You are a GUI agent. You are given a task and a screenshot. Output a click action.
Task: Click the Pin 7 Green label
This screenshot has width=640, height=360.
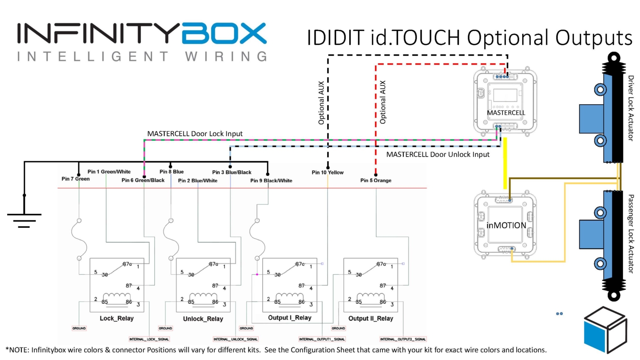[x=75, y=179]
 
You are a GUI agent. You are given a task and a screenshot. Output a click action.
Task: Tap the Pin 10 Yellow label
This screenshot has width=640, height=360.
[x=327, y=172]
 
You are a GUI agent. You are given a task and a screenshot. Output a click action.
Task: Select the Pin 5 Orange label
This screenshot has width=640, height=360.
[x=375, y=180]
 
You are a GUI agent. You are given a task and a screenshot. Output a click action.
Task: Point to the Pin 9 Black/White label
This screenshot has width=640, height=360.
[x=271, y=180]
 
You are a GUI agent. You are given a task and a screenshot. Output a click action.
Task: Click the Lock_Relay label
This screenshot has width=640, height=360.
[x=117, y=318]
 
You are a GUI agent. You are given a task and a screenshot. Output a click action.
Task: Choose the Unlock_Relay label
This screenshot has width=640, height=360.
[x=203, y=319]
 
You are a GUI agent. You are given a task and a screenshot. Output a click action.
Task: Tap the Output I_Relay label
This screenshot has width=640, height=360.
[x=290, y=317]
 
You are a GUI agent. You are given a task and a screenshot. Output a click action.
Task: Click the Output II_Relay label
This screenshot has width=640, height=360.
[x=370, y=318]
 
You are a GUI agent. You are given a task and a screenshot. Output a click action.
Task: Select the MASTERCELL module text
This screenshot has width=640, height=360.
[x=506, y=112]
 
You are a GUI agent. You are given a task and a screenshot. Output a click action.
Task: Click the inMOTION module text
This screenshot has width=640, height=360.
[x=506, y=225]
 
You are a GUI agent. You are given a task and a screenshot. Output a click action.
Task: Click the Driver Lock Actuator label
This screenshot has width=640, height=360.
[x=630, y=108]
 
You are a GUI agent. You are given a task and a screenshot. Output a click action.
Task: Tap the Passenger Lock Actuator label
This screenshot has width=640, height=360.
[x=630, y=233]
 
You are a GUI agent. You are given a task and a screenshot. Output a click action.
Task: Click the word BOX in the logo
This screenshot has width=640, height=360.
[x=224, y=34]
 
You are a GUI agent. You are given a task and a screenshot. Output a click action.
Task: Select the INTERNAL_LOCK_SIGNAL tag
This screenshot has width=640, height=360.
[x=149, y=339]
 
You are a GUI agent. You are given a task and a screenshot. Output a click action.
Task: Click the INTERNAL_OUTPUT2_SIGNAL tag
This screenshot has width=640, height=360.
[x=402, y=339]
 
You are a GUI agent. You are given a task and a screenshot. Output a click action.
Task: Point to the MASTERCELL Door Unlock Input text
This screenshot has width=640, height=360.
[x=437, y=155]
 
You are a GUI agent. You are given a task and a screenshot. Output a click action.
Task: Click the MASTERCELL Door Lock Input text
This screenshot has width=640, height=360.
[x=195, y=134]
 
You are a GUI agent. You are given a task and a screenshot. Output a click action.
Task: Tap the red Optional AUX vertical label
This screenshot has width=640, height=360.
[x=382, y=102]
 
